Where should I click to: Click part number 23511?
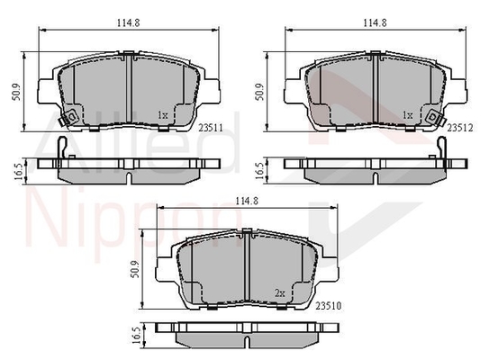coord(211,128)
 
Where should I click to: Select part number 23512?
coord(460,128)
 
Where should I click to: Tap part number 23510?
coord(329,306)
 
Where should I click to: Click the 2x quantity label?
coord(280,293)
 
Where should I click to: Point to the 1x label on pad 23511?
coord(163,115)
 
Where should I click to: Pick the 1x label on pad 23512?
coord(408,115)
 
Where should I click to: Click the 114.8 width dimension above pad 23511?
coord(128,22)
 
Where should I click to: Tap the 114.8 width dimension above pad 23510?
coord(247,201)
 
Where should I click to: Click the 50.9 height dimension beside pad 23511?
coord(16,92)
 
